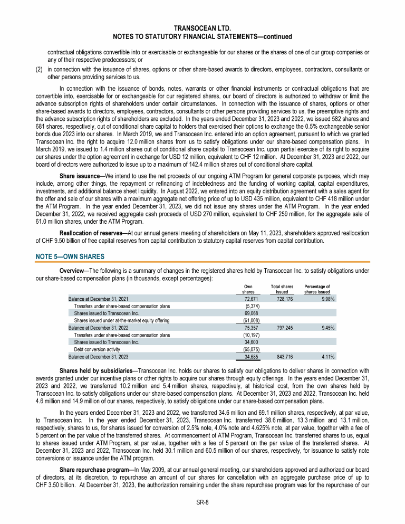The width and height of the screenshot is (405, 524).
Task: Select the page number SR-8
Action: (202, 502)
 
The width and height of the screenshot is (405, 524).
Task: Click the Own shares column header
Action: (248, 289)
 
